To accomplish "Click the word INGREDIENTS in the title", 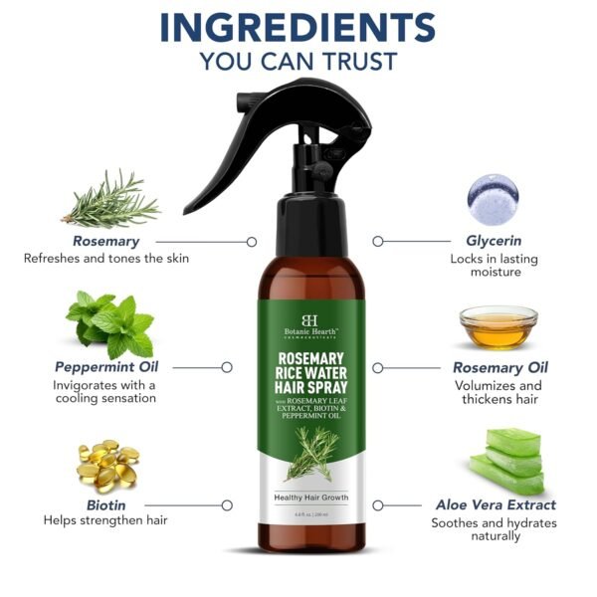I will pos(298,28).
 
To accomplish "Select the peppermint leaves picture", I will pos(109,322).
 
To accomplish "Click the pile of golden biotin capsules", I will pos(106,464).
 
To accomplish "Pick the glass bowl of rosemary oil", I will pos(497,327).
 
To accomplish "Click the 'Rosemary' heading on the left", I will pos(105,241).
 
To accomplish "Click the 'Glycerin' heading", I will pos(494,241).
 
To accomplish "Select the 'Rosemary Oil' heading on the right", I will pos(499,367).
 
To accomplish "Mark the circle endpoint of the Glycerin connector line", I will pos(377,241).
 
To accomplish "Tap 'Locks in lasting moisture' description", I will pos(494,264).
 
